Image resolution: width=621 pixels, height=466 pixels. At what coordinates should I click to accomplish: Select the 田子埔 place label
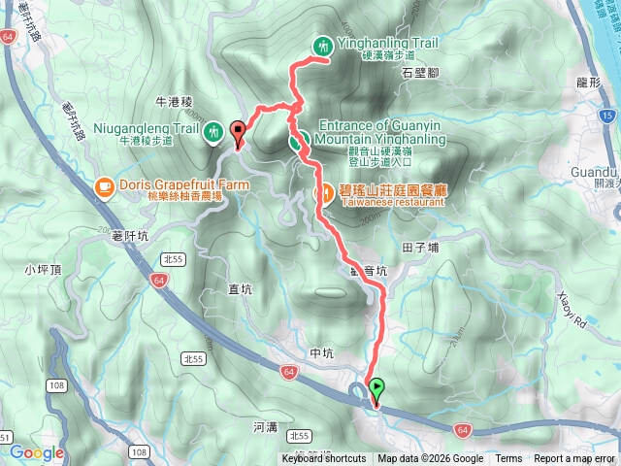pos(419,249)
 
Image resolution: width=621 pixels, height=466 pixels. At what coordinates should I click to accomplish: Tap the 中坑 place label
pos(320,353)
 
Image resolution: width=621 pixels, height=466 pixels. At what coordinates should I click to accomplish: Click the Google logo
pos(37,452)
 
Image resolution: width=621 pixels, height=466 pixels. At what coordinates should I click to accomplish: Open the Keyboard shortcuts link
pos(324,459)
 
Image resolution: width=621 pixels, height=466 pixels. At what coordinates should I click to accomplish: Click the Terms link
pos(508,459)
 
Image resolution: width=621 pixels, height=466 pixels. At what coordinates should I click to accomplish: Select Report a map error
pos(574,459)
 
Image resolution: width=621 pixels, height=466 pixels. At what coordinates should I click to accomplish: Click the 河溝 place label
pos(264,426)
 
